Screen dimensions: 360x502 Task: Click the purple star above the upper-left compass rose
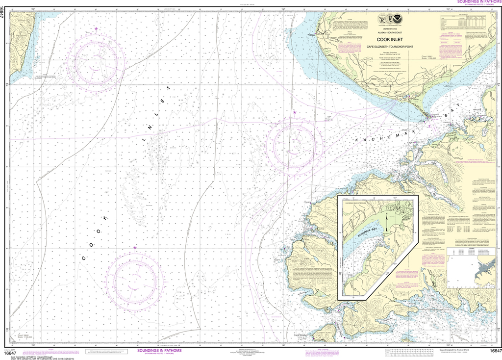pos(96,29)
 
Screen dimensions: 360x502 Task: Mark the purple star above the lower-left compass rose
pos(135,248)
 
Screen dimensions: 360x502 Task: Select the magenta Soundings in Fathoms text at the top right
pos(477,2)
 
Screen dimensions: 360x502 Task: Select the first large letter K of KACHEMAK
pos(358,141)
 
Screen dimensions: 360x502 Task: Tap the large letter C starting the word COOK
pos(83,257)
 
